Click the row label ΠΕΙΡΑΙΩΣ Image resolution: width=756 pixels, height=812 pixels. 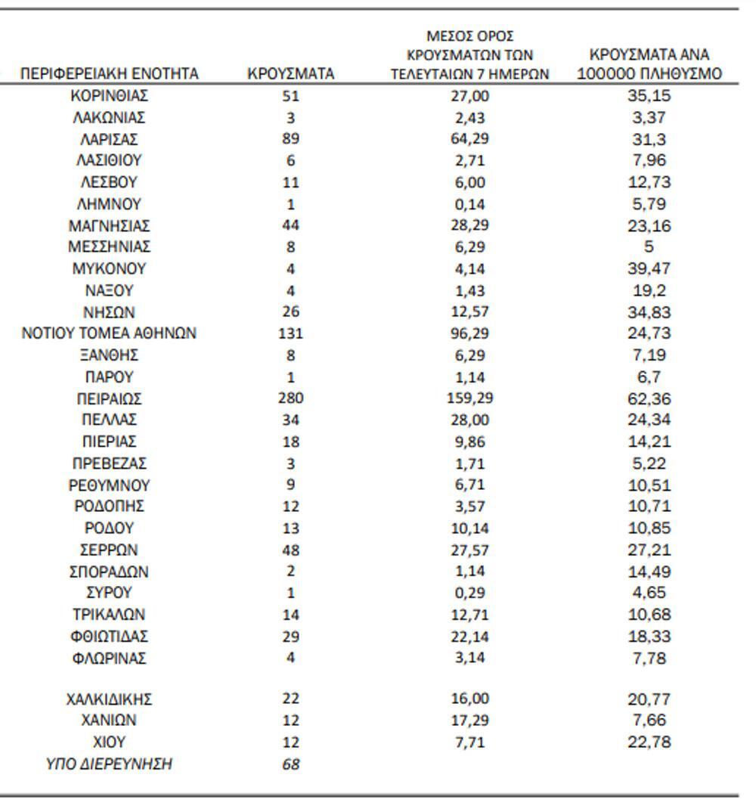pyautogui.click(x=110, y=398)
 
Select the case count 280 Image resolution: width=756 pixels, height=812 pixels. pyautogui.click(x=291, y=398)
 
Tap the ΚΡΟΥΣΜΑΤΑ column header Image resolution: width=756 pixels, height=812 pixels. pyautogui.click(x=291, y=73)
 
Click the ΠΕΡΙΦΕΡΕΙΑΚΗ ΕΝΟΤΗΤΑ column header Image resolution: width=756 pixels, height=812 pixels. pyautogui.click(x=110, y=73)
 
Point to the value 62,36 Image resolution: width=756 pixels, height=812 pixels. pyautogui.click(x=649, y=398)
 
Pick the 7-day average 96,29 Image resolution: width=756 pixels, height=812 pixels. pyautogui.click(x=469, y=333)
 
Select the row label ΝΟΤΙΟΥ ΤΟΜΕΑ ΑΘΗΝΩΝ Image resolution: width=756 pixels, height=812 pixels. pyautogui.click(x=110, y=333)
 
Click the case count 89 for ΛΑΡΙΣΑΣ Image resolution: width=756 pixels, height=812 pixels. pyautogui.click(x=291, y=139)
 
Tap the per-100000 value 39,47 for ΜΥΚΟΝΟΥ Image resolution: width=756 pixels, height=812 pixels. pyautogui.click(x=649, y=268)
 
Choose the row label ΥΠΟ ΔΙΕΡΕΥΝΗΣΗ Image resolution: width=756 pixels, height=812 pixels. pyautogui.click(x=110, y=764)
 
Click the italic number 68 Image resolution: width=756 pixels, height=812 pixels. pyautogui.click(x=291, y=764)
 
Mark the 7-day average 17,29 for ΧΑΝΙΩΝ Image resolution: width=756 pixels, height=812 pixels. pyautogui.click(x=469, y=721)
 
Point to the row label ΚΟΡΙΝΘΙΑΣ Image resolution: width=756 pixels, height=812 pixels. pyautogui.click(x=110, y=96)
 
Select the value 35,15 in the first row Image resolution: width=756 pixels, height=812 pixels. pyautogui.click(x=649, y=96)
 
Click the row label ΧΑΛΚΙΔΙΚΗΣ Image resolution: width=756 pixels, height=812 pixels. pyautogui.click(x=110, y=699)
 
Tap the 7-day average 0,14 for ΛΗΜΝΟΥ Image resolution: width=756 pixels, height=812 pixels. pyautogui.click(x=469, y=204)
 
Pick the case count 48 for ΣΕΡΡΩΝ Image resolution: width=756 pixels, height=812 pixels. pyautogui.click(x=291, y=550)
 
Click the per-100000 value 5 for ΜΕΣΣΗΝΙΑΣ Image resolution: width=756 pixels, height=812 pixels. pyautogui.click(x=649, y=246)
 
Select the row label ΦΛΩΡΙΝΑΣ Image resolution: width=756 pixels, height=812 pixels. pyautogui.click(x=110, y=658)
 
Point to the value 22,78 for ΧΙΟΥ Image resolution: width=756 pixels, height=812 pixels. pyautogui.click(x=649, y=742)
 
